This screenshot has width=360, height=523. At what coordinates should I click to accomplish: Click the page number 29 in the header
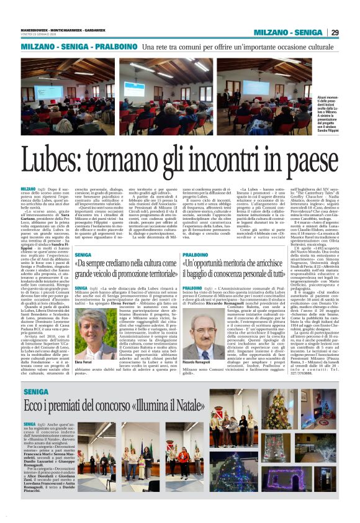(x=335, y=32)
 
